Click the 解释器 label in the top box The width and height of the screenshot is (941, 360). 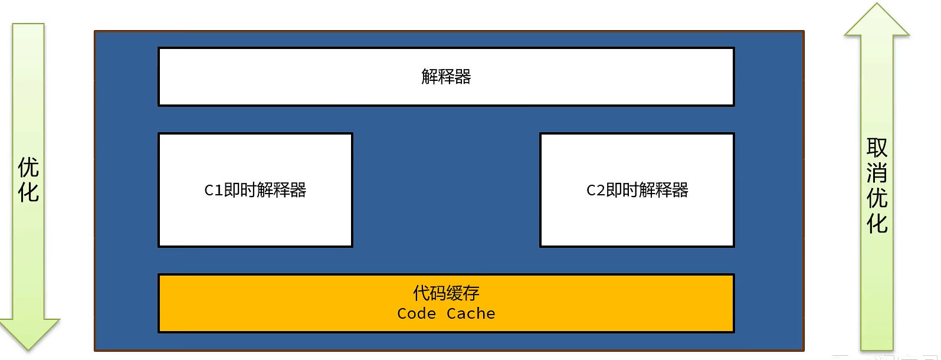click(446, 77)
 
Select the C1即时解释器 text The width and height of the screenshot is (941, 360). click(255, 190)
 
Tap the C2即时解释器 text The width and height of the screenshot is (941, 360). click(637, 190)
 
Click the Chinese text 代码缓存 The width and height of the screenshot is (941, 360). click(446, 293)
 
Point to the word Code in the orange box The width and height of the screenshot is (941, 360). click(417, 313)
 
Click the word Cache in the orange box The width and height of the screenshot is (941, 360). click(471, 313)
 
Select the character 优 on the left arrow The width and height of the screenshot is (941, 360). click(28, 168)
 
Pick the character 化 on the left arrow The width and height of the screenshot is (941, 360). click(28, 192)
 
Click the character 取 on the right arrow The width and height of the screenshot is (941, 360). click(877, 148)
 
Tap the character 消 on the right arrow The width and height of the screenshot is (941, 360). click(877, 173)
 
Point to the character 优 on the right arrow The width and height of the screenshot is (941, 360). click(877, 198)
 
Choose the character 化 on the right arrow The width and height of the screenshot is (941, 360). click(877, 224)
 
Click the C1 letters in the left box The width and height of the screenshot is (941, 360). click(213, 190)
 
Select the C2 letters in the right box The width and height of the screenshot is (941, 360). click(595, 190)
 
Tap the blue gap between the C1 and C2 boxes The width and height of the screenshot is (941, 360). click(446, 190)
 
